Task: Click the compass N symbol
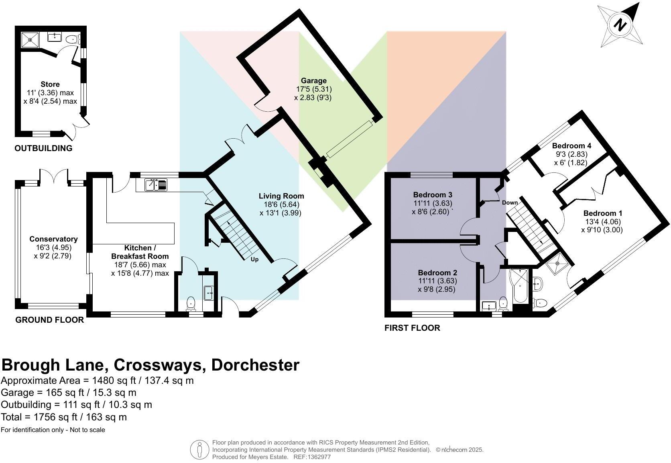(620, 25)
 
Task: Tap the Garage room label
(313, 81)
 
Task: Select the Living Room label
(281, 196)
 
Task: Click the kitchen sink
(156, 185)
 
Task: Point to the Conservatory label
(53, 239)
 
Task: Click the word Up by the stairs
(254, 259)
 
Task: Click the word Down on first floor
(510, 203)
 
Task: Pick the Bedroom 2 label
(437, 272)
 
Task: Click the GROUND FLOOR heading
(50, 320)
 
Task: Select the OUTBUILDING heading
(43, 148)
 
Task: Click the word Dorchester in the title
(255, 365)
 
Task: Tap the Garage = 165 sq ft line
(69, 393)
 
